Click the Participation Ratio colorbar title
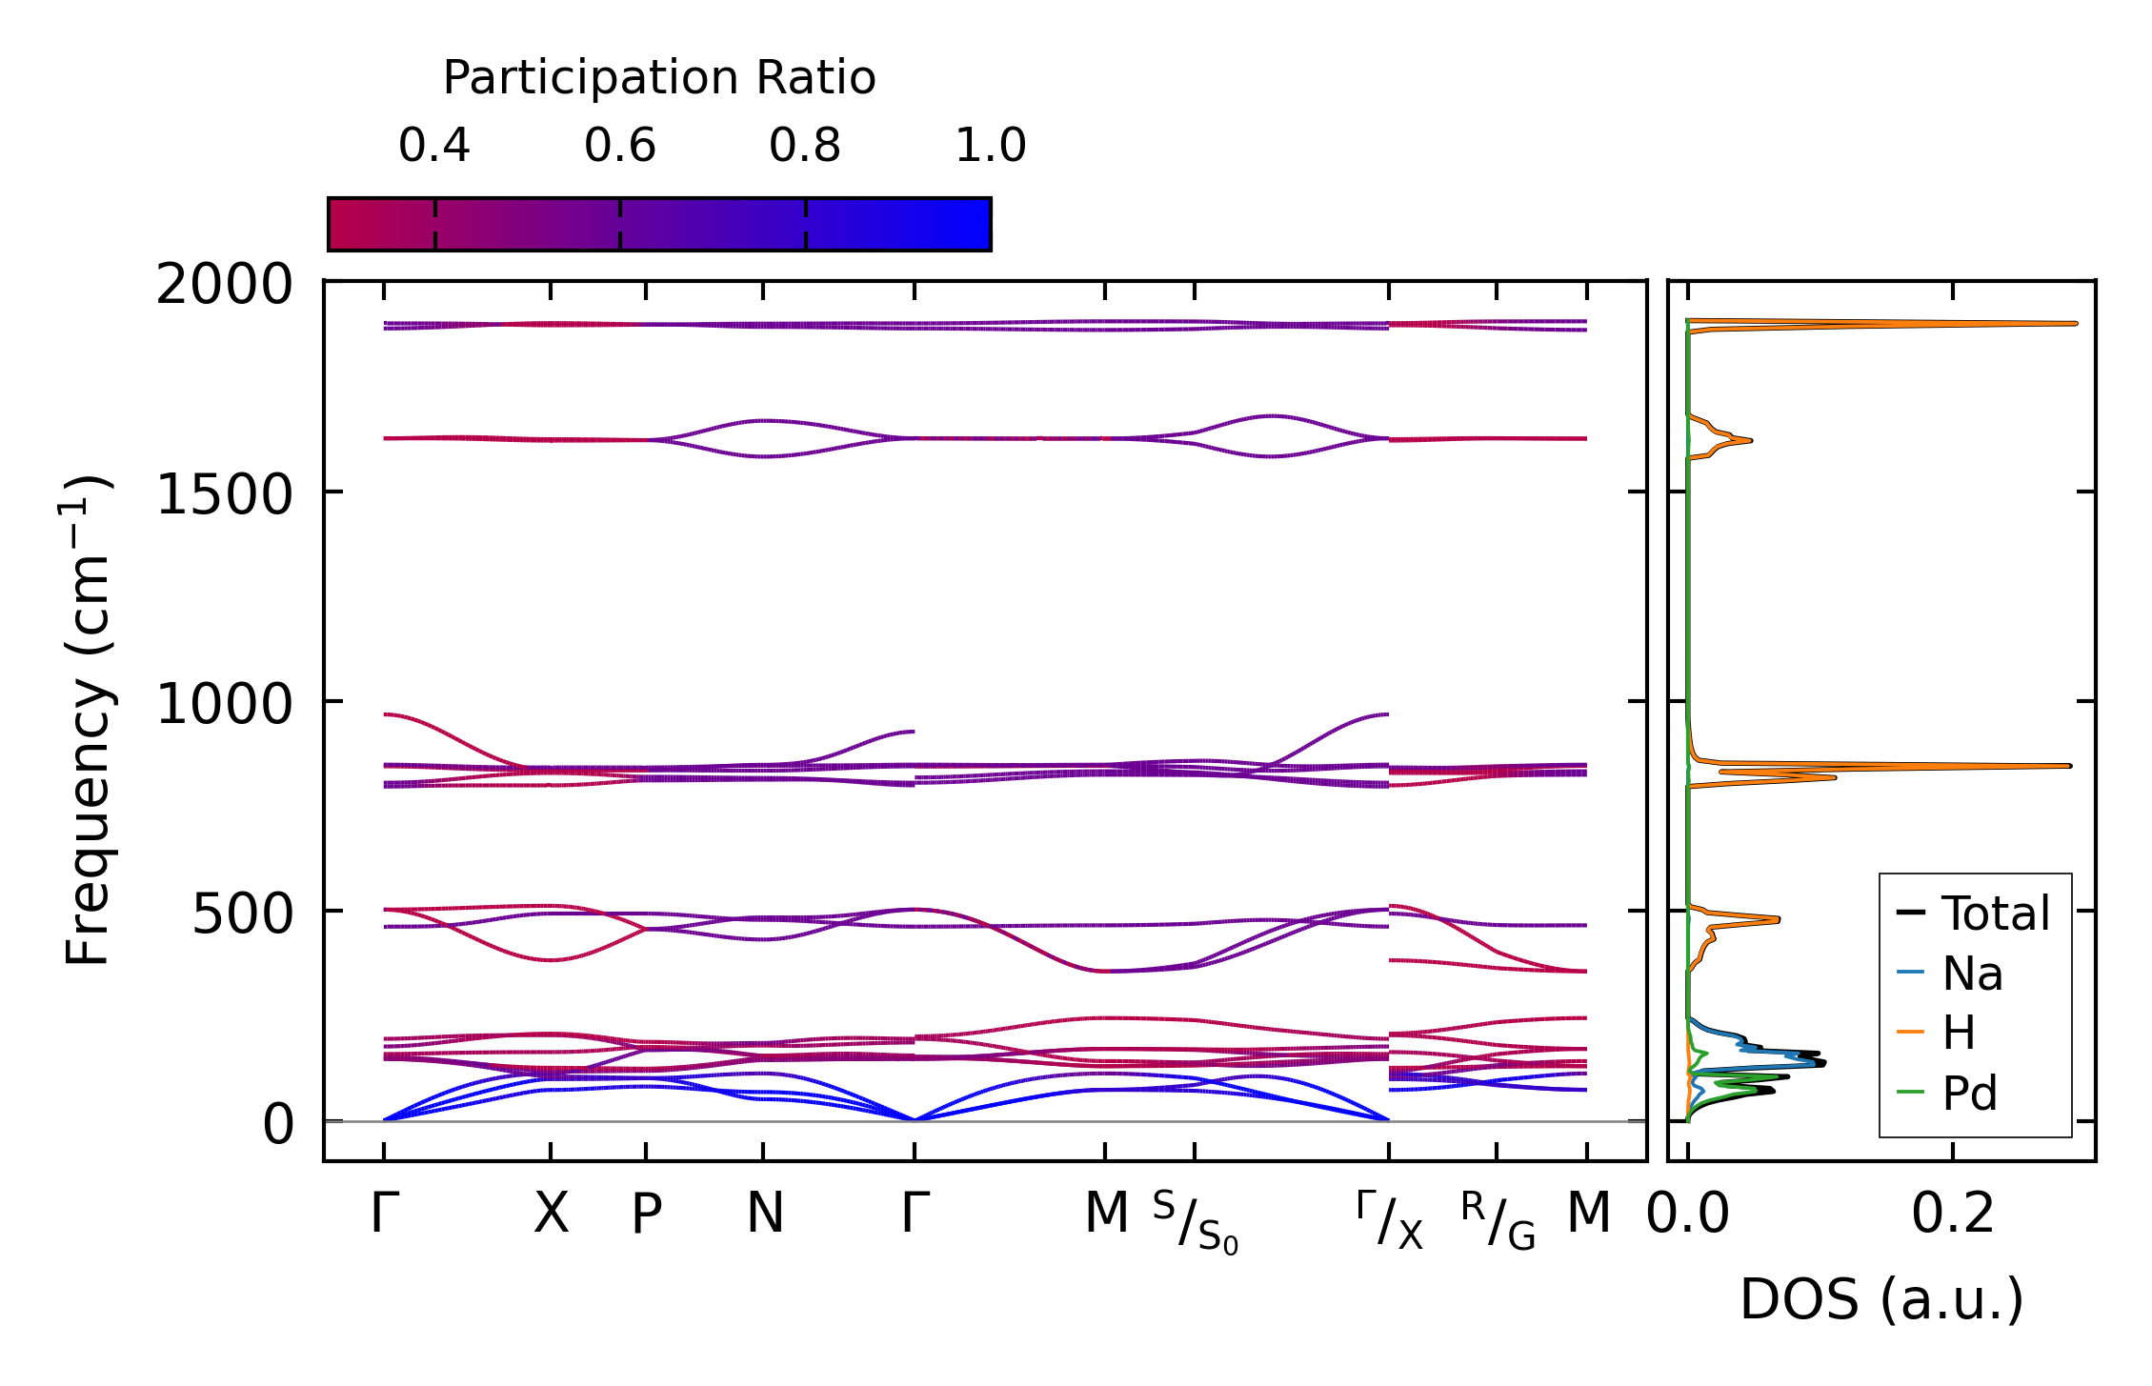[659, 78]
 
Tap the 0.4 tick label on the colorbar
[434, 146]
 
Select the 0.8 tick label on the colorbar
[805, 146]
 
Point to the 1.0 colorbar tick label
[991, 146]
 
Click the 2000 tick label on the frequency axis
[224, 285]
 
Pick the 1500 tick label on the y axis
[224, 494]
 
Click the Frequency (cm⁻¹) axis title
[88, 720]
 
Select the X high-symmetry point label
[551, 1214]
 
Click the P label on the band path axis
[646, 1214]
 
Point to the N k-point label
[765, 1214]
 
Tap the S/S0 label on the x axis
[1195, 1221]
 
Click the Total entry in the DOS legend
[1995, 914]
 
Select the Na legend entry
[1972, 974]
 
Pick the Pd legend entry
[1969, 1094]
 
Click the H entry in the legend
[1959, 1034]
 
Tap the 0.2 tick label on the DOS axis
[1953, 1214]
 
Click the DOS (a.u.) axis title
[1881, 1299]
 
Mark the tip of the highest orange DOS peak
[2076, 324]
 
